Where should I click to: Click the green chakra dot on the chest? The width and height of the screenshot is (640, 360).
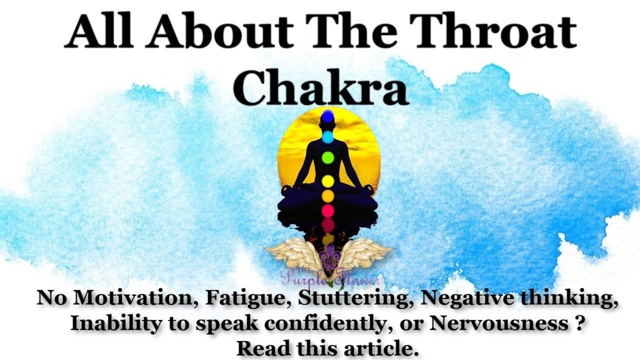click(x=327, y=158)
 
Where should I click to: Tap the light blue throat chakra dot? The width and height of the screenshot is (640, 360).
click(x=327, y=136)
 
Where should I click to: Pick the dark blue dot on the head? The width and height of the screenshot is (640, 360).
click(x=327, y=117)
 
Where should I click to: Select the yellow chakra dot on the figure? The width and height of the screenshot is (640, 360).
click(x=327, y=180)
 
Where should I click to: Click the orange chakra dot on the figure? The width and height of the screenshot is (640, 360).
click(x=327, y=196)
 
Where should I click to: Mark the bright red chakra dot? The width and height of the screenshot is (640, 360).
click(x=327, y=210)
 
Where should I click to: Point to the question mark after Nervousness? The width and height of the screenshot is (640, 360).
click(x=578, y=323)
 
